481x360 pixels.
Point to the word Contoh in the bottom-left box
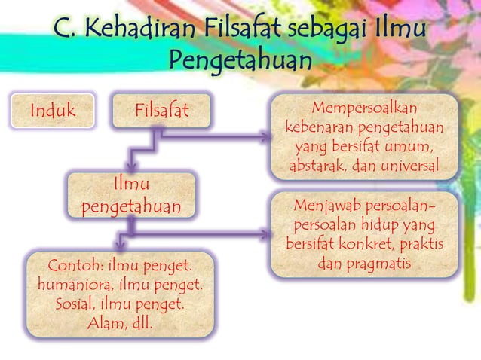click(x=75, y=267)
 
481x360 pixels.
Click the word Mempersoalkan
click(x=365, y=108)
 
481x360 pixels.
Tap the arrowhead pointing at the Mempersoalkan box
click(x=265, y=137)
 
